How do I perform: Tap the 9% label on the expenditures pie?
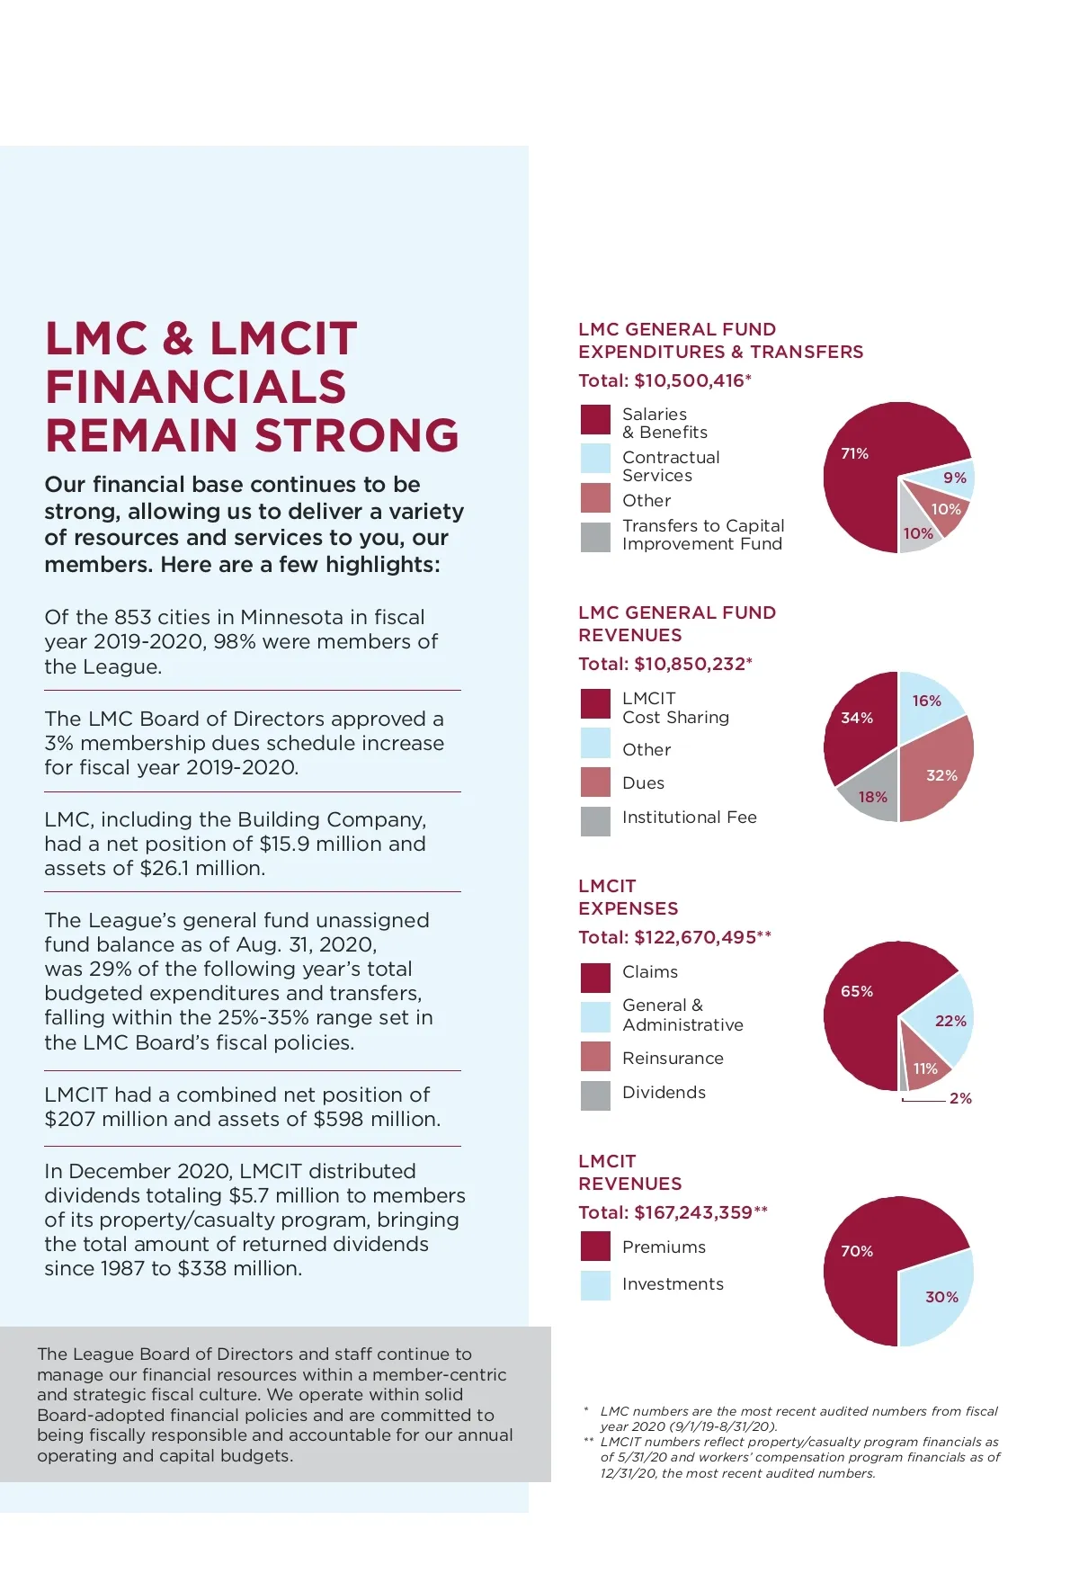pos(954,478)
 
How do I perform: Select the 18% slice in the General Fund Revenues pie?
pos(871,795)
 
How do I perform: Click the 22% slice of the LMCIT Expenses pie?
pos(948,1020)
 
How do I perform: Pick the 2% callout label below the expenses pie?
pos(960,1098)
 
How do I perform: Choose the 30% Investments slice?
pos(939,1296)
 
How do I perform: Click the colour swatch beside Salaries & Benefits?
pos(595,420)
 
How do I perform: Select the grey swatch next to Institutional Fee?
pos(595,820)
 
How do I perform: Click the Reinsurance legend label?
pos(673,1058)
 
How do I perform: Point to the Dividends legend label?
pos(664,1092)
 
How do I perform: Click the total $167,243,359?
pos(692,1212)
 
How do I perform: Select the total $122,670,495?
pos(694,937)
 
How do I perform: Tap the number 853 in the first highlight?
pos(132,617)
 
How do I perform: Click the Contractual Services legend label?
pos(671,466)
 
